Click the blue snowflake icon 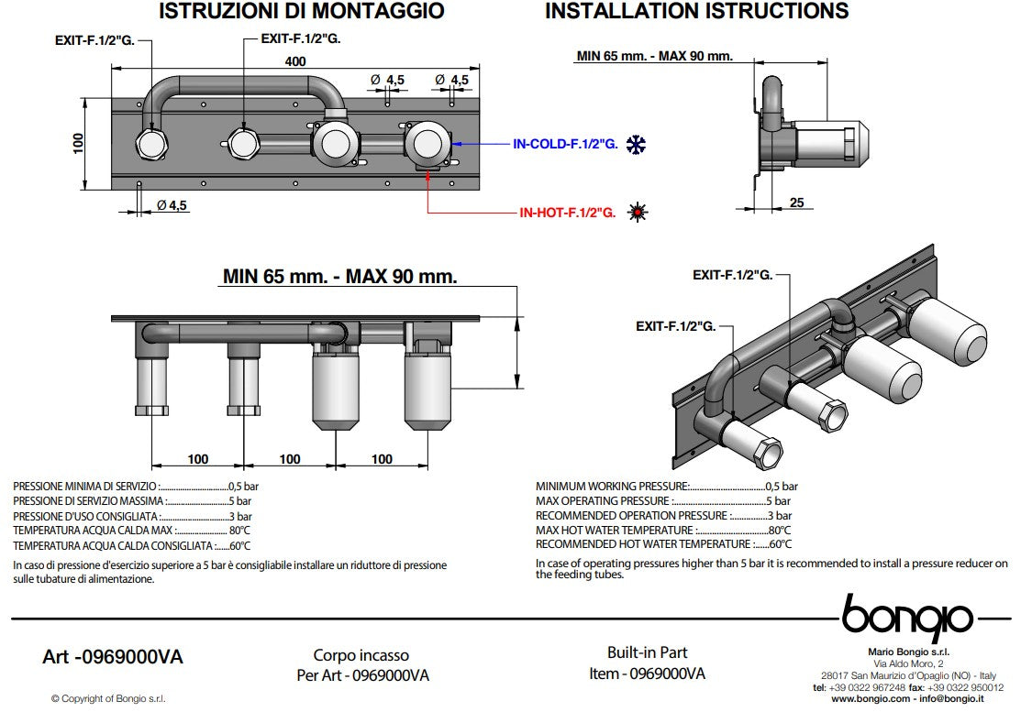tap(636, 145)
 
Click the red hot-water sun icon tap(638, 212)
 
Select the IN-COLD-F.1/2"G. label tap(565, 145)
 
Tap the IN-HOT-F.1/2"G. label tap(567, 213)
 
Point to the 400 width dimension tap(295, 61)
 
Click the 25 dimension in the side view tap(796, 203)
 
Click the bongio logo tap(908, 618)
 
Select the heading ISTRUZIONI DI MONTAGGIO tap(302, 11)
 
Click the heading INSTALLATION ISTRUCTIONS tap(697, 11)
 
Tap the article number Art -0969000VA tap(113, 657)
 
